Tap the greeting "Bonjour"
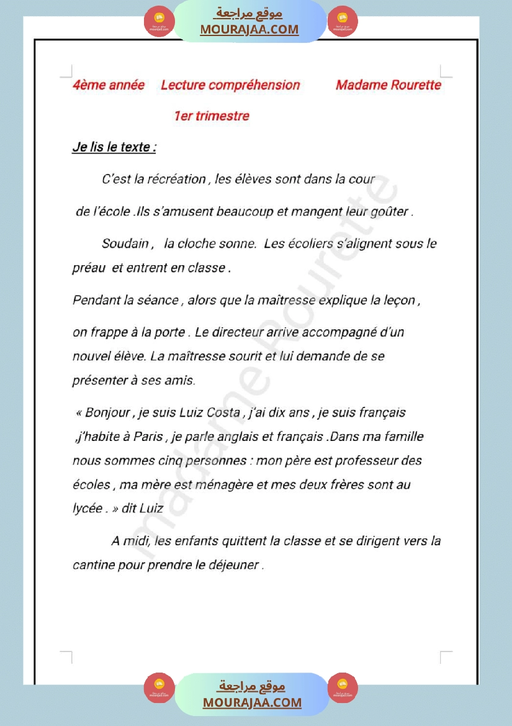(x=107, y=412)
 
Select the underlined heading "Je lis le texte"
(x=114, y=148)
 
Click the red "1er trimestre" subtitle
(x=212, y=116)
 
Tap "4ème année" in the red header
(x=109, y=85)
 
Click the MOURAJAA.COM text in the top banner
(x=249, y=29)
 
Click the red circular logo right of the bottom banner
(x=343, y=687)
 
